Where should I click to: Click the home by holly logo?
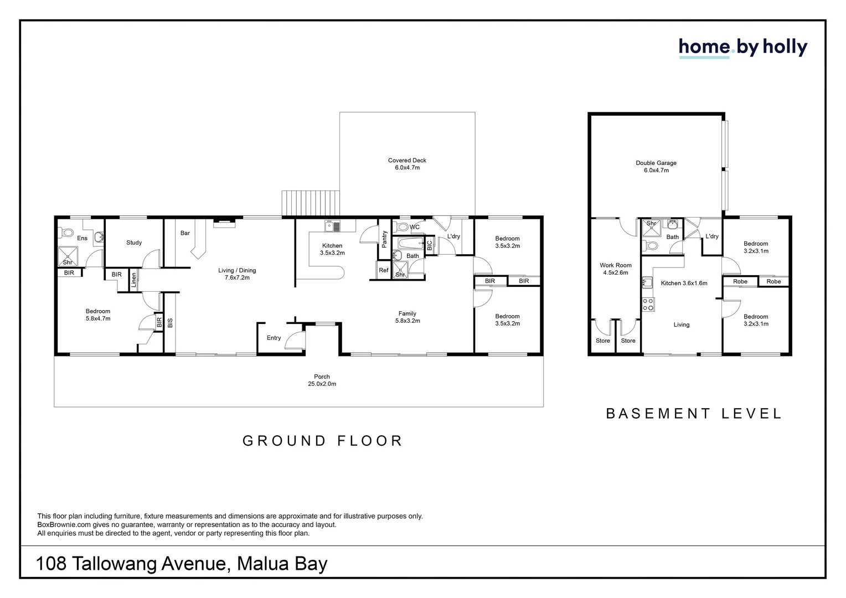[742, 48]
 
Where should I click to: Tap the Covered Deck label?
[407, 164]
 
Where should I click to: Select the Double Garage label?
[656, 167]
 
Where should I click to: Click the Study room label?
[134, 243]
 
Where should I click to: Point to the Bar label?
[185, 233]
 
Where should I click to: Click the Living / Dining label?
[237, 274]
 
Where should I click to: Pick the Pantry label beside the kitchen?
[385, 239]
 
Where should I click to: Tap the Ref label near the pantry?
[384, 270]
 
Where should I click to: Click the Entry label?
[274, 338]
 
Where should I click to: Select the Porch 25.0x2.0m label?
[322, 380]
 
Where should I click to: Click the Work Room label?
[615, 269]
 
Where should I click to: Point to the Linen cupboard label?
[133, 280]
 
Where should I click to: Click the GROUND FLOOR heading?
[322, 441]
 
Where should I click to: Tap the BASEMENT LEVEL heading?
[693, 414]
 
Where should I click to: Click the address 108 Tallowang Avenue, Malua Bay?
[182, 564]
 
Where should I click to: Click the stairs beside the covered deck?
[310, 203]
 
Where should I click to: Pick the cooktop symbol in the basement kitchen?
[647, 304]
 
